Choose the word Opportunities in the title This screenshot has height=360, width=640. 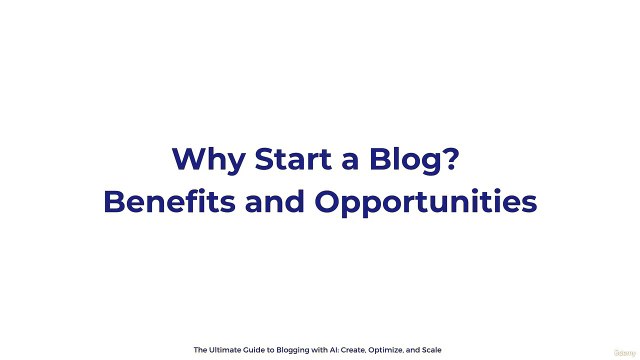[426, 203]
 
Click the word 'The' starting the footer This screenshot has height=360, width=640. [201, 349]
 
